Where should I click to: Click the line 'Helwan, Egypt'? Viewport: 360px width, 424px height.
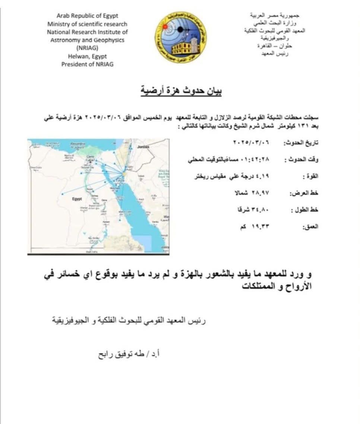point(87,56)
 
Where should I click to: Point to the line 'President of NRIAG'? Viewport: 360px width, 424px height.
point(87,64)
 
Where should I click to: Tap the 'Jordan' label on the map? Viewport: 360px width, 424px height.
point(143,147)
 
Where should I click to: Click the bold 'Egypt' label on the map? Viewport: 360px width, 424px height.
point(77,199)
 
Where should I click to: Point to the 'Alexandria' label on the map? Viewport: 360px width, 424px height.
point(78,143)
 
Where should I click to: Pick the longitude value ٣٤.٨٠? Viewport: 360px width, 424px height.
point(261,210)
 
